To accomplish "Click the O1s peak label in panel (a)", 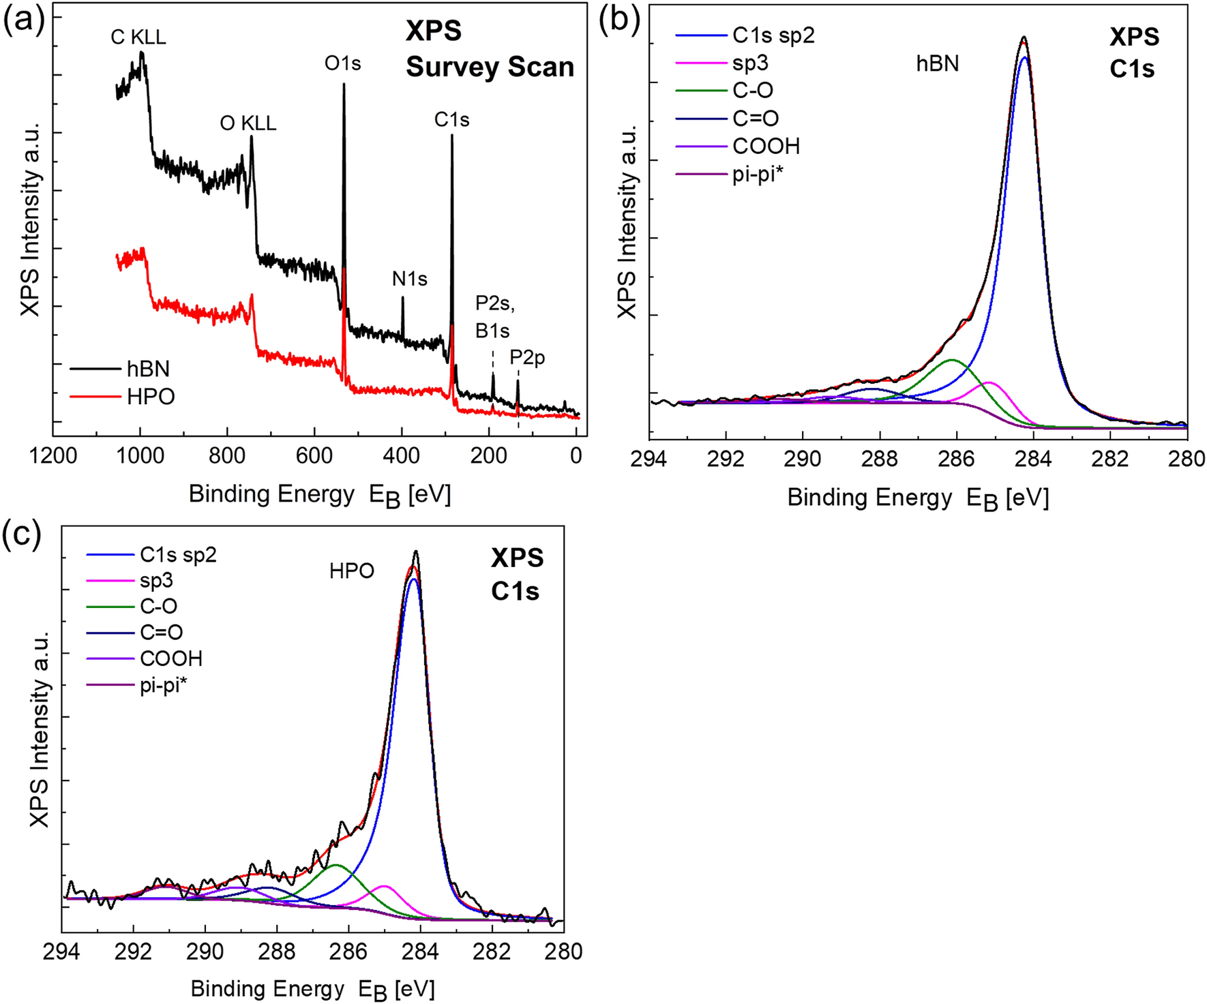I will [x=342, y=63].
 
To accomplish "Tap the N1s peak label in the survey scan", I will [x=409, y=279].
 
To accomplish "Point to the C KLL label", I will [x=138, y=37].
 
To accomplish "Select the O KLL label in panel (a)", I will [x=248, y=123].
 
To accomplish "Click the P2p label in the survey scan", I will [x=527, y=358].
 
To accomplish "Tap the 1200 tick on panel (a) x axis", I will [x=53, y=455].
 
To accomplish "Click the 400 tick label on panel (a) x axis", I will [x=402, y=455].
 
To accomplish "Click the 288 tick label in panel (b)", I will [x=880, y=459].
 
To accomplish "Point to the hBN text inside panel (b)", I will [x=937, y=63].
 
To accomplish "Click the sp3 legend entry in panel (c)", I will [x=156, y=581].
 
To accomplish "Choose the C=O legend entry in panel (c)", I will [x=161, y=633].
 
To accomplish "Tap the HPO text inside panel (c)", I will [x=352, y=571].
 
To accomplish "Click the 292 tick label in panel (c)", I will [x=134, y=951].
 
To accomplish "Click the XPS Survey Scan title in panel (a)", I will [x=489, y=49].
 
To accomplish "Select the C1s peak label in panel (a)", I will [x=451, y=120].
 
